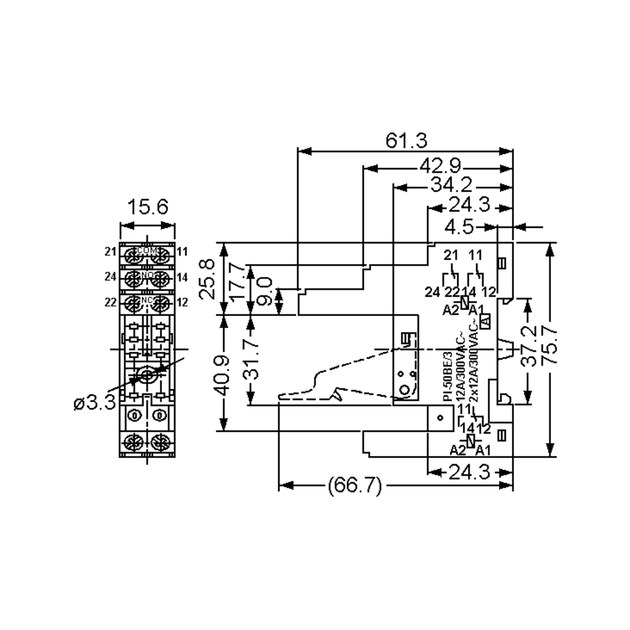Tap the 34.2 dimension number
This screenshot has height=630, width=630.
(451, 185)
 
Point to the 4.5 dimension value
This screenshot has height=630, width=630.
(459, 227)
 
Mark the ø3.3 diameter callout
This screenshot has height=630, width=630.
(94, 403)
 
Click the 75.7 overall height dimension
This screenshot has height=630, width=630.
(549, 346)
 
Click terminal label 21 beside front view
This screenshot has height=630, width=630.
(110, 252)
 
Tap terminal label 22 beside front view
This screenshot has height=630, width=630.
(110, 303)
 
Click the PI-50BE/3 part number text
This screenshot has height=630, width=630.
(447, 376)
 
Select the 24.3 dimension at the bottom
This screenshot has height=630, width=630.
(469, 472)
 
